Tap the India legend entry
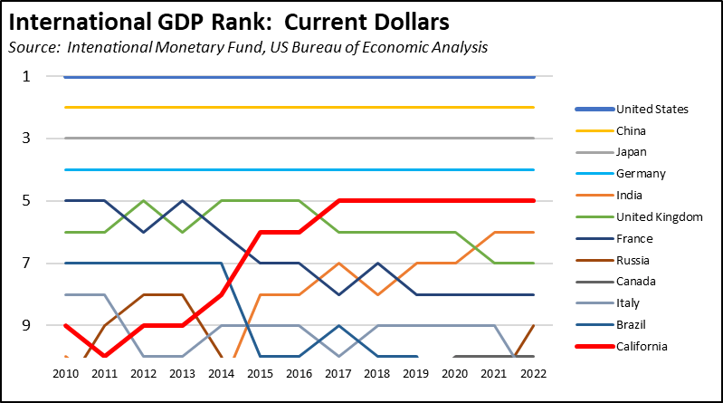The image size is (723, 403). (631, 196)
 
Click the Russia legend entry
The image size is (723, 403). (634, 261)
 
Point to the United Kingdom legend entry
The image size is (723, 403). (658, 217)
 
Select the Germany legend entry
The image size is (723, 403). (641, 174)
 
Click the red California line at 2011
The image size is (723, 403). (104, 356)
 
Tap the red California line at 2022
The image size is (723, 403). (534, 201)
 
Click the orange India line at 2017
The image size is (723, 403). (338, 264)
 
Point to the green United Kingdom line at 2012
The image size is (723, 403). (143, 201)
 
